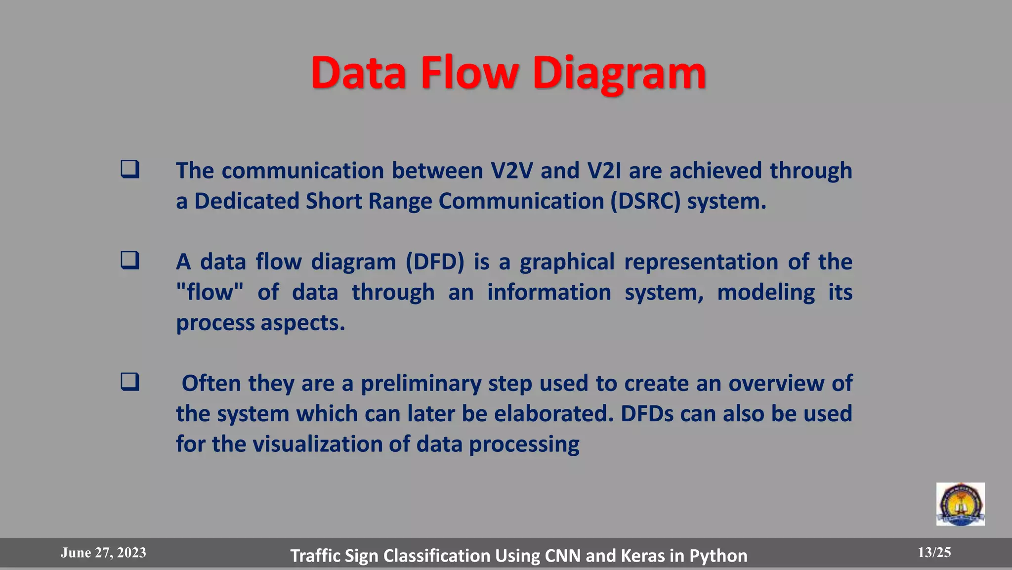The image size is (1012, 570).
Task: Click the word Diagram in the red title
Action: click(x=619, y=73)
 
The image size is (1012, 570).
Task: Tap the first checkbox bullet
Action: click(x=130, y=169)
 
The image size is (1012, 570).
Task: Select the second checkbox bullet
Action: click(x=130, y=260)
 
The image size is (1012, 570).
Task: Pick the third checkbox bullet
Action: click(x=130, y=382)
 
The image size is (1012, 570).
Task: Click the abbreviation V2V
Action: click(x=512, y=171)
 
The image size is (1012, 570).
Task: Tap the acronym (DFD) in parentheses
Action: click(x=435, y=262)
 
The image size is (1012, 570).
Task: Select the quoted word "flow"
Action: click(x=210, y=292)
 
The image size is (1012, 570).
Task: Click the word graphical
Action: click(x=567, y=262)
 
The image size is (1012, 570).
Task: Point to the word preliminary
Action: click(x=421, y=383)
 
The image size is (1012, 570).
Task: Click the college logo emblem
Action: click(x=960, y=504)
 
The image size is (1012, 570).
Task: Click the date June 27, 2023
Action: click(x=103, y=553)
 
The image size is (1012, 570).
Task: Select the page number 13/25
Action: click(x=934, y=553)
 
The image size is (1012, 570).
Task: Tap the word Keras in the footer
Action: click(x=643, y=556)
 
